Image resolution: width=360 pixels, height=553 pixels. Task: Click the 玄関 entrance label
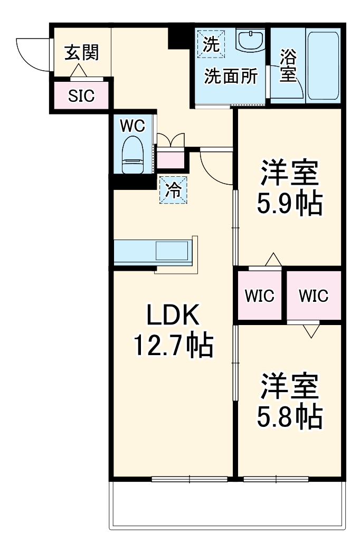[x=81, y=53]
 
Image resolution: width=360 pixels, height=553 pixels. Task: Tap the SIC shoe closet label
[x=81, y=96]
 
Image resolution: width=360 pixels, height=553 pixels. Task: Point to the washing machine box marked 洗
[x=211, y=42]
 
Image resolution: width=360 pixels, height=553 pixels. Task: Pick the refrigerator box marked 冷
[x=173, y=190]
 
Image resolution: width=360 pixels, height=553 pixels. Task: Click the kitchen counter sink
[x=171, y=251]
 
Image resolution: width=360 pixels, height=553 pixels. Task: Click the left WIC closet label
[x=259, y=296]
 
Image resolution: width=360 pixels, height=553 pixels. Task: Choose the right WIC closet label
[x=313, y=296]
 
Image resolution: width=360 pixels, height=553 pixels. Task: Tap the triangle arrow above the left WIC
[x=273, y=260]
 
